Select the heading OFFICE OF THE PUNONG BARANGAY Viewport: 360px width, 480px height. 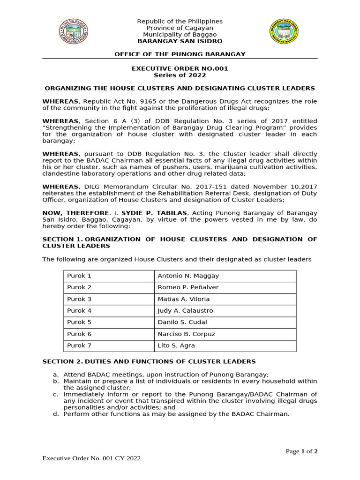pos(180,54)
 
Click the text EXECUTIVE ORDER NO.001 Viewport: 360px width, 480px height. pos(180,68)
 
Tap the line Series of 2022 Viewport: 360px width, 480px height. pos(180,75)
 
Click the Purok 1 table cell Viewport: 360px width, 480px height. pos(109,276)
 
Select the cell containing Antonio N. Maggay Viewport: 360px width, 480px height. pos(225,276)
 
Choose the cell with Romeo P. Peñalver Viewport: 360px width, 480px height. pos(225,287)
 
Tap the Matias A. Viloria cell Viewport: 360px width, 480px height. pos(225,299)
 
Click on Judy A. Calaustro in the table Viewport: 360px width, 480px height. pos(225,311)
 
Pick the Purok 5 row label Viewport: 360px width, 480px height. pos(109,322)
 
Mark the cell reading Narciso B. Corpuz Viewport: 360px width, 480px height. pos(225,334)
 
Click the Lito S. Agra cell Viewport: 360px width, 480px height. pos(225,346)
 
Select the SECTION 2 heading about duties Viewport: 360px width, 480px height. pos(149,361)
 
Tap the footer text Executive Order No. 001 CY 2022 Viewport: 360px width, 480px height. pos(91,458)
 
